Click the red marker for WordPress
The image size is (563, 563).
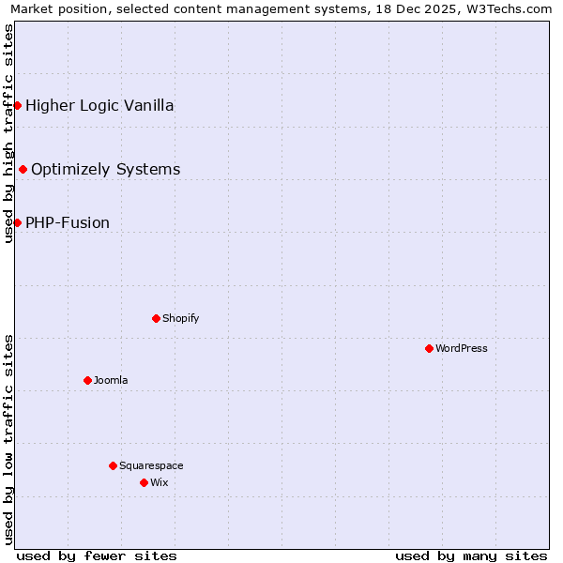429,348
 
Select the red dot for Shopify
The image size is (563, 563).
156,318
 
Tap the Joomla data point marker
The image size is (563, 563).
87,380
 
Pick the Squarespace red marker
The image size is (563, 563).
113,465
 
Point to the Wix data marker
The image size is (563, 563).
144,482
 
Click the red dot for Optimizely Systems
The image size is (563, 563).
23,169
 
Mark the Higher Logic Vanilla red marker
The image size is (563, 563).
17,105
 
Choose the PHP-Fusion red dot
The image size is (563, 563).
17,222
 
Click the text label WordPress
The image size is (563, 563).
462,348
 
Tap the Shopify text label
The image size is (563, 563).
181,318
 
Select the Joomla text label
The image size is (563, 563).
111,380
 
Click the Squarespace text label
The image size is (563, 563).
151,465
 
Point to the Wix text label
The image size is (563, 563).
160,482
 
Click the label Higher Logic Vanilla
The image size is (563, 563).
99,105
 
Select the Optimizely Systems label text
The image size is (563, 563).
106,169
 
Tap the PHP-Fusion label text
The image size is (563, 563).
68,222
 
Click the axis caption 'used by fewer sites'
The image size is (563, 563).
97,555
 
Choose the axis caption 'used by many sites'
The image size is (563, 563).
471,555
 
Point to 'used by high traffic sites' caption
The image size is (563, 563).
8,133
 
